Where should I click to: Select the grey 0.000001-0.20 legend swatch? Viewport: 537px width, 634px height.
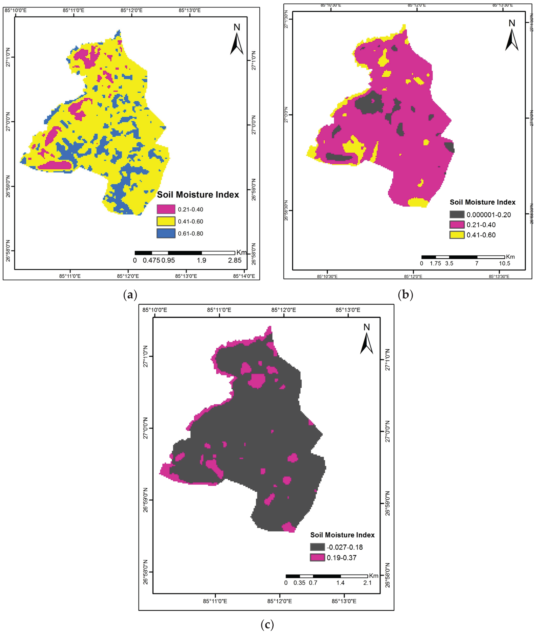[x=457, y=214]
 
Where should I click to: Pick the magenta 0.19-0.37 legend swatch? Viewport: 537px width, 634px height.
[x=317, y=557]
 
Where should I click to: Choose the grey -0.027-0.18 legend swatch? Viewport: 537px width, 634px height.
[x=317, y=547]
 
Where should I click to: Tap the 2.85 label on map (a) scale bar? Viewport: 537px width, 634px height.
[x=235, y=260]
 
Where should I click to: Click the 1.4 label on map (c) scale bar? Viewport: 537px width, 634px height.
[x=340, y=583]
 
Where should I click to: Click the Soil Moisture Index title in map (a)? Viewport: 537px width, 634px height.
[x=198, y=195]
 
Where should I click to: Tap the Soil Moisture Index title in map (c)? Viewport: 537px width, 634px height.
[x=342, y=535]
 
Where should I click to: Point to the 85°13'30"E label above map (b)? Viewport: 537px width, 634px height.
[x=503, y=5]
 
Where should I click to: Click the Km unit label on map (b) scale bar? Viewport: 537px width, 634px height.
[x=510, y=257]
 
